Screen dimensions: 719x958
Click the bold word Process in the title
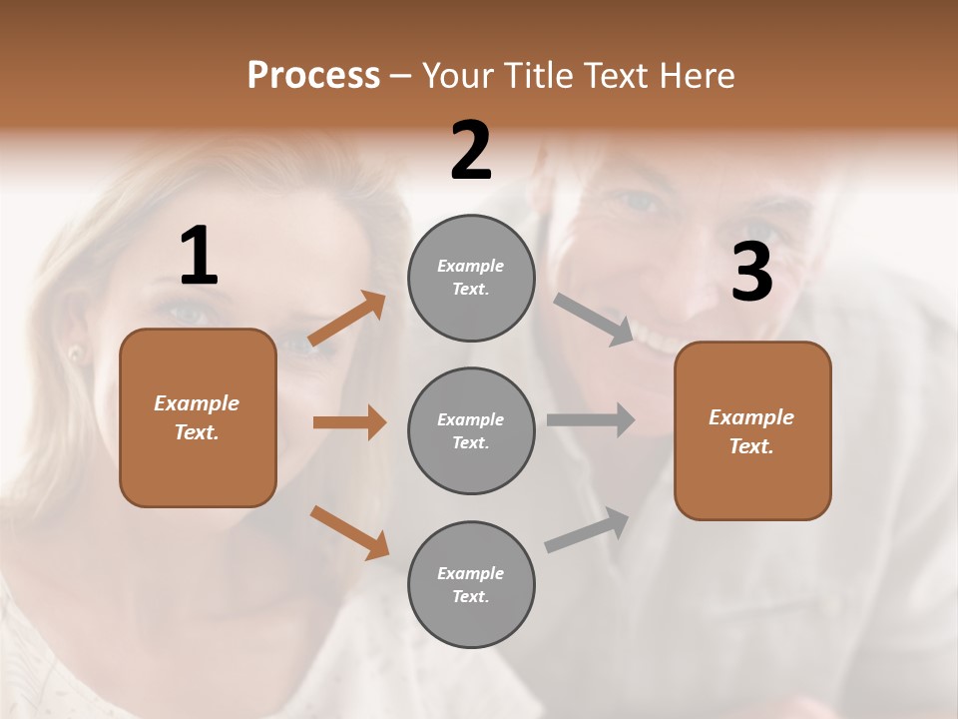point(313,75)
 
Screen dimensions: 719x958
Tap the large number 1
point(199,257)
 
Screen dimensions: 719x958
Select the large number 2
point(471,151)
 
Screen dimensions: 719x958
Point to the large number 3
point(751,273)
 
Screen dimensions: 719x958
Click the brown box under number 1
point(198,417)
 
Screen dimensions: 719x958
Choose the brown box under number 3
point(752,431)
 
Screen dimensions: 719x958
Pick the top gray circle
point(471,278)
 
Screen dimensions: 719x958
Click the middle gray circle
point(471,431)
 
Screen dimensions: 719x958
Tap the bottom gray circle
point(471,585)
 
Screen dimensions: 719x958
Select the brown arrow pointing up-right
point(347,319)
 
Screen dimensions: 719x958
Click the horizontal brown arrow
point(349,422)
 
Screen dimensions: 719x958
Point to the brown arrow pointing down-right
point(349,531)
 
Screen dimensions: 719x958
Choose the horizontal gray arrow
point(591,419)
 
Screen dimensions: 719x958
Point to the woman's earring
point(74,353)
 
